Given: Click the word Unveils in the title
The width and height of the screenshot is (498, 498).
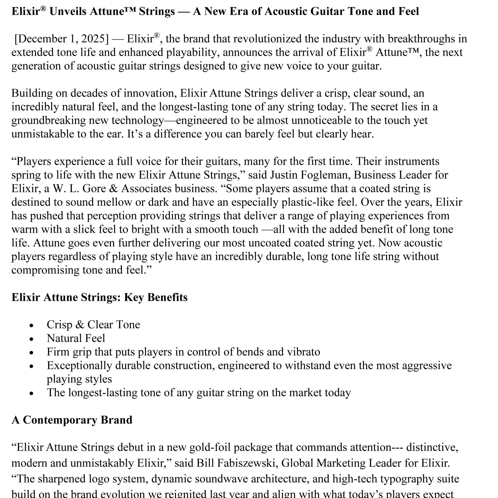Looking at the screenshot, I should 68,11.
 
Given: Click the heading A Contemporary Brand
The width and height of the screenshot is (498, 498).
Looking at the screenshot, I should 72,420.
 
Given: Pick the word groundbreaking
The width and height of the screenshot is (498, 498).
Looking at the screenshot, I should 48,121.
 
